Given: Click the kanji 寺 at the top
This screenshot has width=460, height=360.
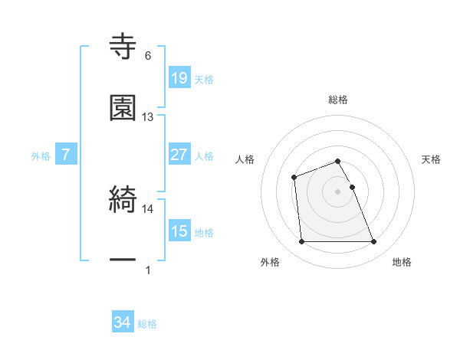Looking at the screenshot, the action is (x=123, y=46).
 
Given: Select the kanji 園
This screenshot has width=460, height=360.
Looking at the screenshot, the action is (x=123, y=108).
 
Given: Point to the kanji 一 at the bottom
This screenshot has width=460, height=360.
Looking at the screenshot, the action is (x=123, y=260).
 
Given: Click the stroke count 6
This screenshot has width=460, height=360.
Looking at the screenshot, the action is (x=148, y=56).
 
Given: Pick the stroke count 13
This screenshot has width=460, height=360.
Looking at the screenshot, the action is (x=148, y=117).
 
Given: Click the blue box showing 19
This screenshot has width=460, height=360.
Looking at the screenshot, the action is (x=179, y=77).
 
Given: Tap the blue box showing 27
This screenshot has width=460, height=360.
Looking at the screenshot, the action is (x=179, y=155).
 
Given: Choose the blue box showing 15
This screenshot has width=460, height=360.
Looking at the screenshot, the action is (x=179, y=231).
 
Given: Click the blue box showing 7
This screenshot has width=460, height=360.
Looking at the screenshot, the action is (x=66, y=155).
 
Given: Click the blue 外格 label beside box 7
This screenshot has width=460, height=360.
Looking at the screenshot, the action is (x=41, y=155).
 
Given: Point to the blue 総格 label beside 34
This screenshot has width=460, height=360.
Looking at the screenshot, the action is (x=147, y=324).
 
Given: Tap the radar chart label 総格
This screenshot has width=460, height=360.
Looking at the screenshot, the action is (x=338, y=100).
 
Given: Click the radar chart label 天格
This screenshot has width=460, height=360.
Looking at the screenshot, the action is (x=432, y=159).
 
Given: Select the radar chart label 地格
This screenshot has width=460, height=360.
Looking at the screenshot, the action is (x=402, y=263).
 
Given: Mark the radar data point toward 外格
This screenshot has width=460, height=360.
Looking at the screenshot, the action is (x=302, y=242).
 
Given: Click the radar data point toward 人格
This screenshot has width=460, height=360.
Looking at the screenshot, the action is (x=294, y=178).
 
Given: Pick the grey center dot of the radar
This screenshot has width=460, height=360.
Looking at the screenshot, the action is (x=338, y=191).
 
